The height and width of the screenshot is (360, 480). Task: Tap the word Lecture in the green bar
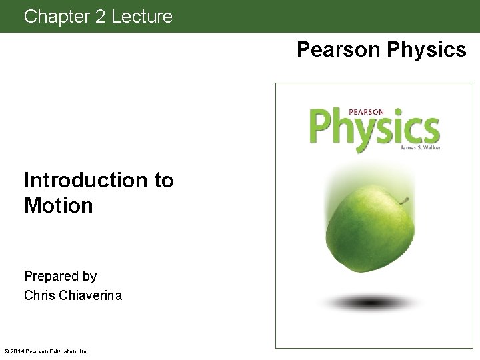tap(142, 16)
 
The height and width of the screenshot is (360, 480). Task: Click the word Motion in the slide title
tap(59, 206)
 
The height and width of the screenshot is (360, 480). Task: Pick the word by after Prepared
tap(90, 277)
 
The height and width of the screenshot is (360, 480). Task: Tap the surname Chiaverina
tap(90, 295)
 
